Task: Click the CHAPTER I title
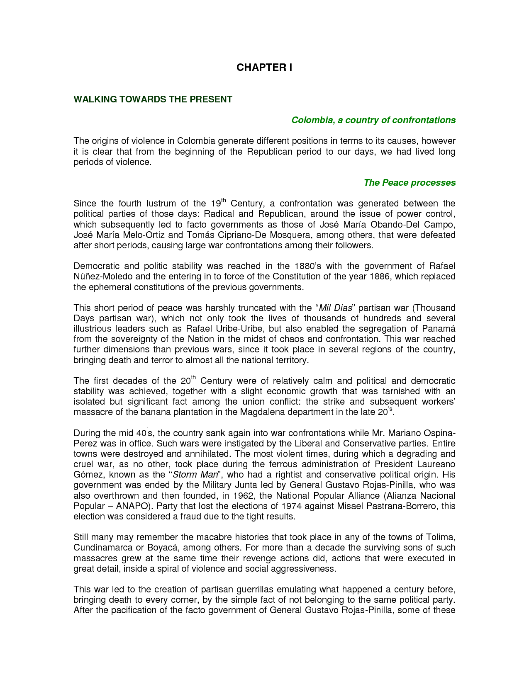click(x=264, y=68)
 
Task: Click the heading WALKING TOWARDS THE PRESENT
click(x=153, y=99)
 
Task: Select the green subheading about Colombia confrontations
click(x=373, y=120)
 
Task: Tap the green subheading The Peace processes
click(x=409, y=183)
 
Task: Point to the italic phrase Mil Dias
click(x=335, y=308)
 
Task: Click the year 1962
click(x=243, y=496)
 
